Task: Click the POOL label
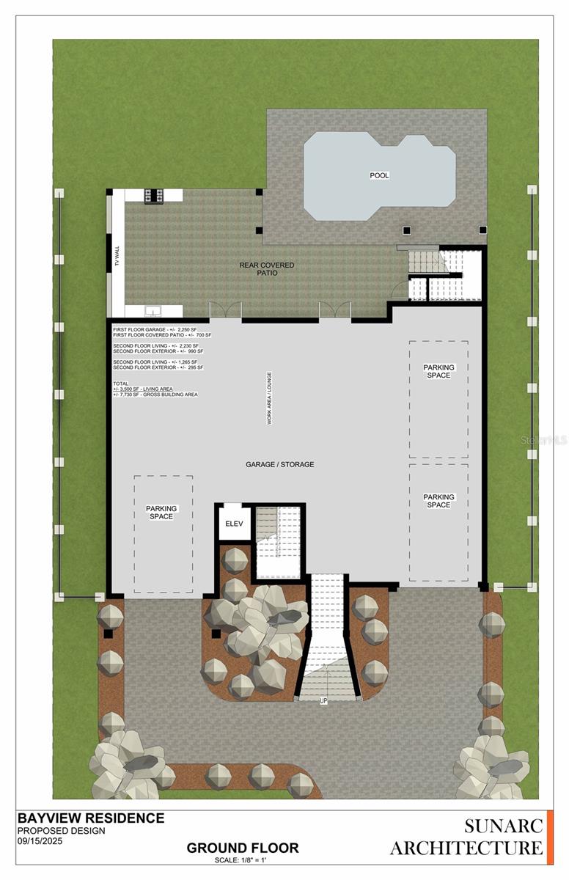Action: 379,175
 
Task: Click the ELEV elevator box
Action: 234,524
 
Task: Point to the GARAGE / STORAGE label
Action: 279,464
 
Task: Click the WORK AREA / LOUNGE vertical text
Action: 269,398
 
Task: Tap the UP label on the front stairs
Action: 323,701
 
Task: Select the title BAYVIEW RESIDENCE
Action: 90,818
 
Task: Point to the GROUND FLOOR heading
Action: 242,848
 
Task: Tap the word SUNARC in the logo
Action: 503,826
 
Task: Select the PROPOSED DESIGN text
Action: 61,831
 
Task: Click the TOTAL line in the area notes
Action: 120,384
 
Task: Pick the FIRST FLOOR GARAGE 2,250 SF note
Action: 157,329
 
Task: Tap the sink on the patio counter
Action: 153,310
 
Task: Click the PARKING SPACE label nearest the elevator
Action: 161,513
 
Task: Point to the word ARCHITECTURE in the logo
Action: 466,848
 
